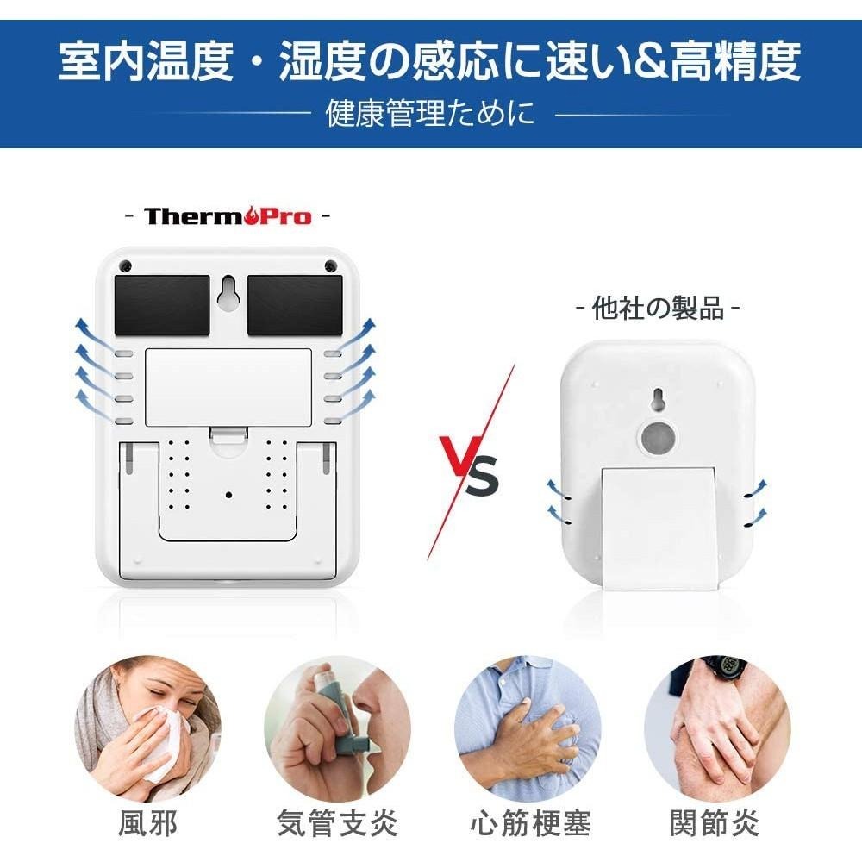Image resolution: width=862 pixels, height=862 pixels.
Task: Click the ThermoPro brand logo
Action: [228, 215]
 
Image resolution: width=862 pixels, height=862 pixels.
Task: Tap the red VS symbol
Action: [470, 470]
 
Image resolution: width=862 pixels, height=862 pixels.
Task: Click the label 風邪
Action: [147, 823]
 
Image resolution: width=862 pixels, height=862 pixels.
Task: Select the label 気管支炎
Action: [337, 823]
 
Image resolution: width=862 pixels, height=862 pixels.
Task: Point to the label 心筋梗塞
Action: [529, 823]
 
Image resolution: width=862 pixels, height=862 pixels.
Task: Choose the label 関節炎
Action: [715, 823]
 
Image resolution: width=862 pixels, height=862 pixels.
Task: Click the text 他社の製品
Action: [658, 309]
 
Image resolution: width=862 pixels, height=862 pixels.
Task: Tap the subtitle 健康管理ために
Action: [430, 113]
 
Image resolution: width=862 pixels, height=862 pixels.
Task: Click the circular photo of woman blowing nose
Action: [147, 729]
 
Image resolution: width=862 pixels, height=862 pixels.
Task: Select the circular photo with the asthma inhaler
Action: [337, 729]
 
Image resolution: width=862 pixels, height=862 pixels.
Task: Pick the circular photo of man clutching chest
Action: [528, 729]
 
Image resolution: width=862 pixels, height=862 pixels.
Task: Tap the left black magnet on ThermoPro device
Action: [161, 304]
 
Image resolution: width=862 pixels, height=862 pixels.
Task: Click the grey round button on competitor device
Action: [658, 437]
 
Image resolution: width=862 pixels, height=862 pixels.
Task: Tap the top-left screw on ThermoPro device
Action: [125, 265]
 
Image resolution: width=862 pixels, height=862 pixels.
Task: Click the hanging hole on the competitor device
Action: [658, 399]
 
